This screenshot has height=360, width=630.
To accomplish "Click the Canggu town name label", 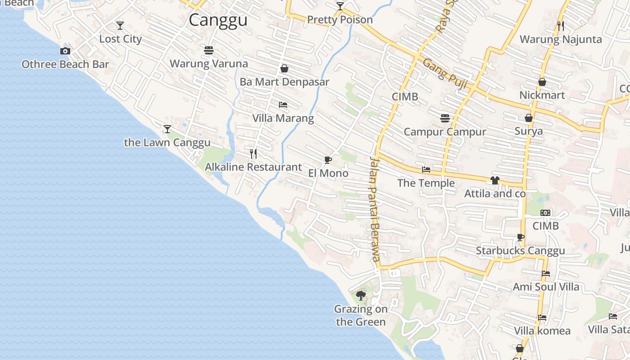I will [218, 20].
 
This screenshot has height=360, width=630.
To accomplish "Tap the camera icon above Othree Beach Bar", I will [65, 51].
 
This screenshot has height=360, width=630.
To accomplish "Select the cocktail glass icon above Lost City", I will [120, 26].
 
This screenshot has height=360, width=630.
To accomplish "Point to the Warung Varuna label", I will [208, 63].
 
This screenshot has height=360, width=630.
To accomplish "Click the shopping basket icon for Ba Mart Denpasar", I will [284, 69].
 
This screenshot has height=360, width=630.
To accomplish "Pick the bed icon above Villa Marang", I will [283, 105].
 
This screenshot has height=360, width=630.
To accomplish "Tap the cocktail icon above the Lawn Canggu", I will [167, 129].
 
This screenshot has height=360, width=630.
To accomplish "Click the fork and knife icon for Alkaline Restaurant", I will [253, 154].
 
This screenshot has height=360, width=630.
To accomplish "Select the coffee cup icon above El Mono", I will [328, 160].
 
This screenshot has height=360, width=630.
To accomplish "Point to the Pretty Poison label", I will [340, 20].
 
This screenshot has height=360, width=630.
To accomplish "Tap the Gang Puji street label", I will [445, 73].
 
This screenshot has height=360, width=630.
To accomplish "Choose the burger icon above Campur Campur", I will [445, 118].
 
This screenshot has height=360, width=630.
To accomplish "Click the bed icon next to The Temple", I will [426, 170].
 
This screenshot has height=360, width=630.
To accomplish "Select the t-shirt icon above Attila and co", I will [495, 180].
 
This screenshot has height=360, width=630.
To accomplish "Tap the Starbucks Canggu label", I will [520, 251].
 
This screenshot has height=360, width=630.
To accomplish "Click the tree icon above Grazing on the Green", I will [360, 296].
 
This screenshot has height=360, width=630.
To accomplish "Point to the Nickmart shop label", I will [542, 95].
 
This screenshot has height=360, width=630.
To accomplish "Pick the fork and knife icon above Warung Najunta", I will [560, 26].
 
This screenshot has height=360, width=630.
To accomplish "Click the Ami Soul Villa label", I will [546, 287].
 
